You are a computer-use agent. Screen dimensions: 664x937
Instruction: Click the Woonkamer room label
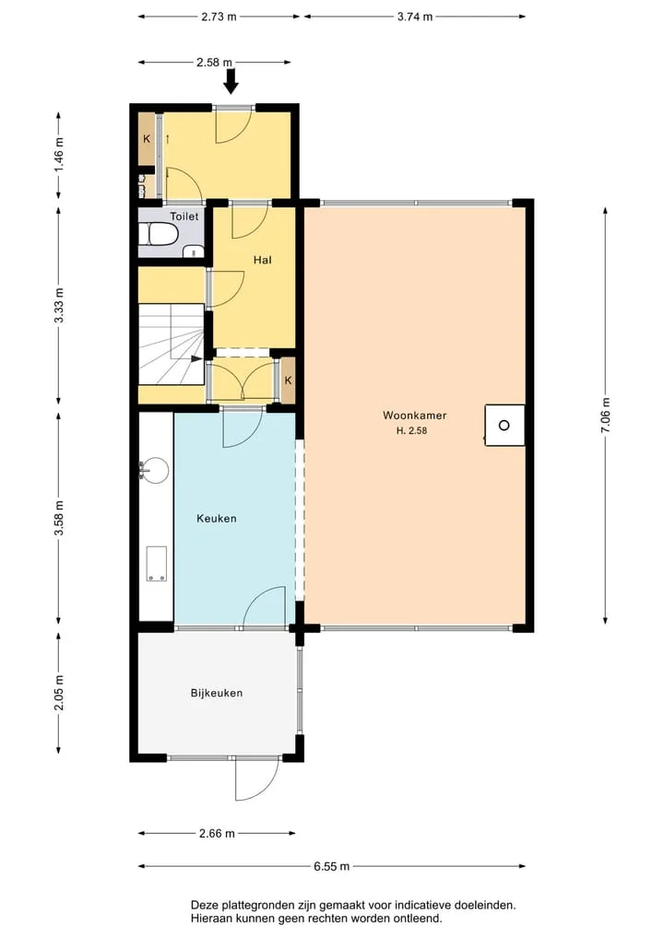pyautogui.click(x=415, y=416)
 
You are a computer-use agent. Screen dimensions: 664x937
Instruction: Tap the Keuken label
pyautogui.click(x=217, y=519)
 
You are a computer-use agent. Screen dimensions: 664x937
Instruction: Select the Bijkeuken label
pyautogui.click(x=217, y=693)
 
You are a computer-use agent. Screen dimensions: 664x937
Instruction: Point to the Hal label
pyautogui.click(x=263, y=260)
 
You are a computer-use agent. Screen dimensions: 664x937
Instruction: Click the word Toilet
pyautogui.click(x=184, y=217)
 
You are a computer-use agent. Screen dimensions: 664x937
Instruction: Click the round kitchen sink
pyautogui.click(x=154, y=470)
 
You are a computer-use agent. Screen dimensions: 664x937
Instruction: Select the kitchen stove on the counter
pyautogui.click(x=158, y=564)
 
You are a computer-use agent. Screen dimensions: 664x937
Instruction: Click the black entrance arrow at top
pyautogui.click(x=231, y=81)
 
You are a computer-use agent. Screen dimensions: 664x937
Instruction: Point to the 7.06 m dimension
pyautogui.click(x=605, y=415)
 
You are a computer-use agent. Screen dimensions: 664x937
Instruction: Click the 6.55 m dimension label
pyautogui.click(x=331, y=866)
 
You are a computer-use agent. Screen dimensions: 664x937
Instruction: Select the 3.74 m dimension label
pyautogui.click(x=415, y=17)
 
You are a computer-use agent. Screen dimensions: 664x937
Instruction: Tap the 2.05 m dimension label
pyautogui.click(x=59, y=693)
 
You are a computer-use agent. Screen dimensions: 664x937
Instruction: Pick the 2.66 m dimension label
pyautogui.click(x=217, y=833)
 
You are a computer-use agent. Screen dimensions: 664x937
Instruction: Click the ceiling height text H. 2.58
pyautogui.click(x=412, y=430)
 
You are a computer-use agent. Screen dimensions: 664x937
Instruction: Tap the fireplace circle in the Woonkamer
pyautogui.click(x=504, y=426)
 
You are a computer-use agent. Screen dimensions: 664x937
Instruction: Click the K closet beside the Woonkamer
pyautogui.click(x=289, y=381)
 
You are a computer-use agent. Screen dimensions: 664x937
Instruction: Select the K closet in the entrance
pyautogui.click(x=147, y=139)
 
